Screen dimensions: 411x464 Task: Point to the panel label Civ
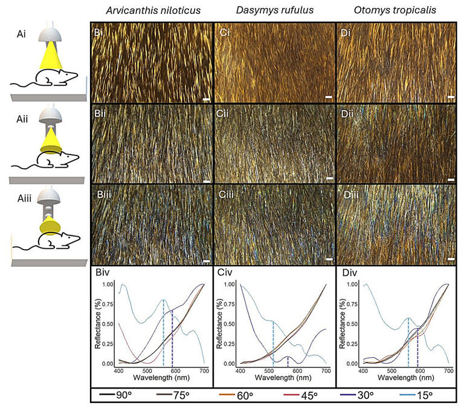tap(225, 272)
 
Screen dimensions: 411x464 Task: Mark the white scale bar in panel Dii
tap(451, 179)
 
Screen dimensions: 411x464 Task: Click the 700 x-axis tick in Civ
tap(326, 370)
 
